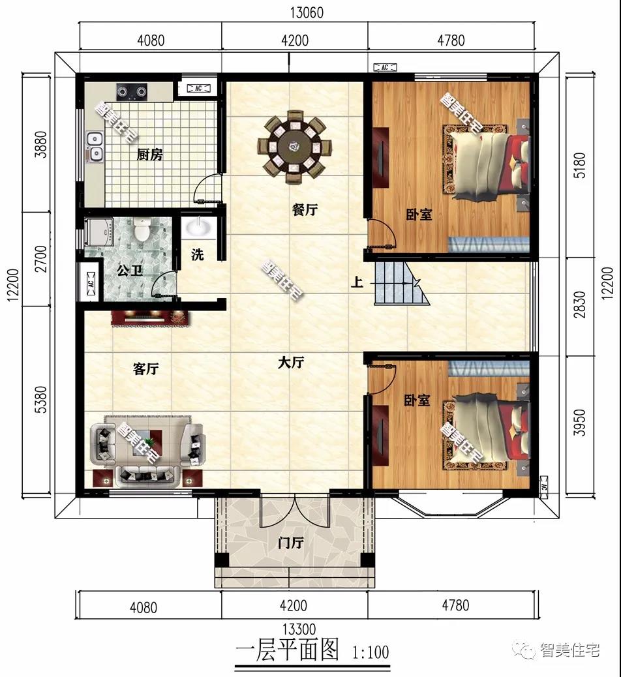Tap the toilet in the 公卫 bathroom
[142, 229]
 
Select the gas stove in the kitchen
[132, 92]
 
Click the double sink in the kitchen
[94, 146]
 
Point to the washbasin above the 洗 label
[198, 227]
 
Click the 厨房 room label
[150, 154]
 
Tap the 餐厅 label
[305, 210]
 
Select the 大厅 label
[291, 362]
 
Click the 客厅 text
[145, 369]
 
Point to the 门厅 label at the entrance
[291, 542]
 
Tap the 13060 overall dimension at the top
[307, 12]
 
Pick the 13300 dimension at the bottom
[299, 629]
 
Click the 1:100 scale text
[371, 652]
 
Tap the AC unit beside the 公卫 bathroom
[91, 284]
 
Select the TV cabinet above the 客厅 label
[150, 318]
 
